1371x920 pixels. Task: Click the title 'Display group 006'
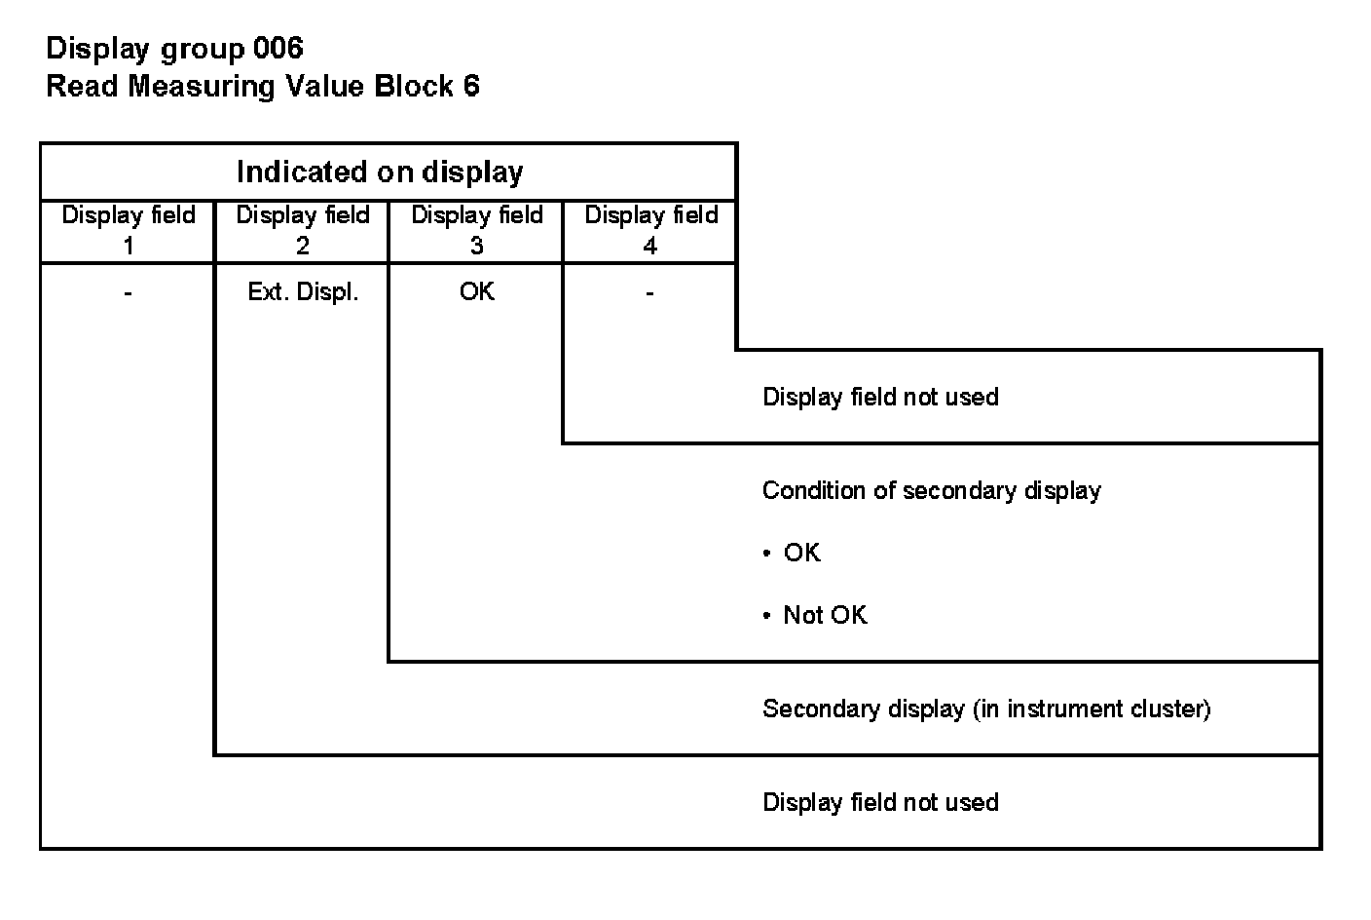pyautogui.click(x=175, y=48)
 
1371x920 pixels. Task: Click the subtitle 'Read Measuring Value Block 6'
pyautogui.click(x=263, y=87)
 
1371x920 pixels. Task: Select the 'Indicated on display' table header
pyautogui.click(x=380, y=172)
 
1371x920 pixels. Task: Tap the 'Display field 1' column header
pyautogui.click(x=128, y=230)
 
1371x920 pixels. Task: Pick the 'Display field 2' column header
pyautogui.click(x=303, y=230)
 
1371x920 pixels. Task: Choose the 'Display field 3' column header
pyautogui.click(x=477, y=230)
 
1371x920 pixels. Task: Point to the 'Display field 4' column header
pyautogui.click(x=650, y=230)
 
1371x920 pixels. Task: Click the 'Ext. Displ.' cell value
pyautogui.click(x=303, y=292)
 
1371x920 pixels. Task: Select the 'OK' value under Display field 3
pyautogui.click(x=477, y=292)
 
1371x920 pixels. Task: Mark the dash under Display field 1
pyautogui.click(x=128, y=292)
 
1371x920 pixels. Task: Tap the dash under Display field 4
pyautogui.click(x=649, y=292)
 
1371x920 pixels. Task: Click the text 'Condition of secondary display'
pyautogui.click(x=931, y=490)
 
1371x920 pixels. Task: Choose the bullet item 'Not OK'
pyautogui.click(x=824, y=615)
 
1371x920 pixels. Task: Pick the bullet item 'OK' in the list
pyautogui.click(x=801, y=553)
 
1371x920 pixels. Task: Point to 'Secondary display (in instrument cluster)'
pyautogui.click(x=985, y=709)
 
